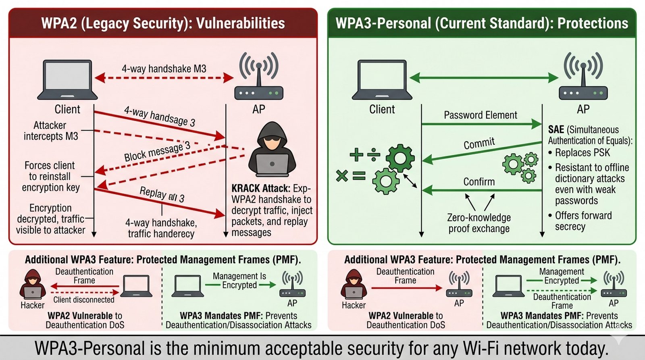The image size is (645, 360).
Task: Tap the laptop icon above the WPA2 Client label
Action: coord(67,80)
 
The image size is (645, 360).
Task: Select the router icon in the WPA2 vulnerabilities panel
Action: coord(259,77)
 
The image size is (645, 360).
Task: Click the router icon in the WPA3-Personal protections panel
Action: coord(583,77)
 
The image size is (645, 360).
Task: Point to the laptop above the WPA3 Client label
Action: coord(382,80)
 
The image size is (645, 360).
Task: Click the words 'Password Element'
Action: coord(480,115)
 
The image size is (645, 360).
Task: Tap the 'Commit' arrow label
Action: coord(479,143)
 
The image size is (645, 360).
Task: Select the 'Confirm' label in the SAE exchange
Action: coord(479,182)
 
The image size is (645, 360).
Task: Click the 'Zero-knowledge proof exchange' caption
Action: coord(479,223)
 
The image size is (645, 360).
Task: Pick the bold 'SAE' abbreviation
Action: coord(556,129)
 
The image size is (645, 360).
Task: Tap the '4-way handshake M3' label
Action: coord(164,69)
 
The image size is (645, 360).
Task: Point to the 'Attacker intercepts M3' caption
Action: coord(50,131)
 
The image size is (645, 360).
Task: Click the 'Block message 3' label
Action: coord(157,152)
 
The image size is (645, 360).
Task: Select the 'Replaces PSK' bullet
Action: coord(582,153)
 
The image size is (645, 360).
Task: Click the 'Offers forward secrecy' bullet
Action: coord(583,221)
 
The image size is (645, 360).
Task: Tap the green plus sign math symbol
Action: coord(356,154)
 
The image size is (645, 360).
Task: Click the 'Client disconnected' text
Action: coord(84,300)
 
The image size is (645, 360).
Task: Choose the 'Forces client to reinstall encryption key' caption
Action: coord(50,177)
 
